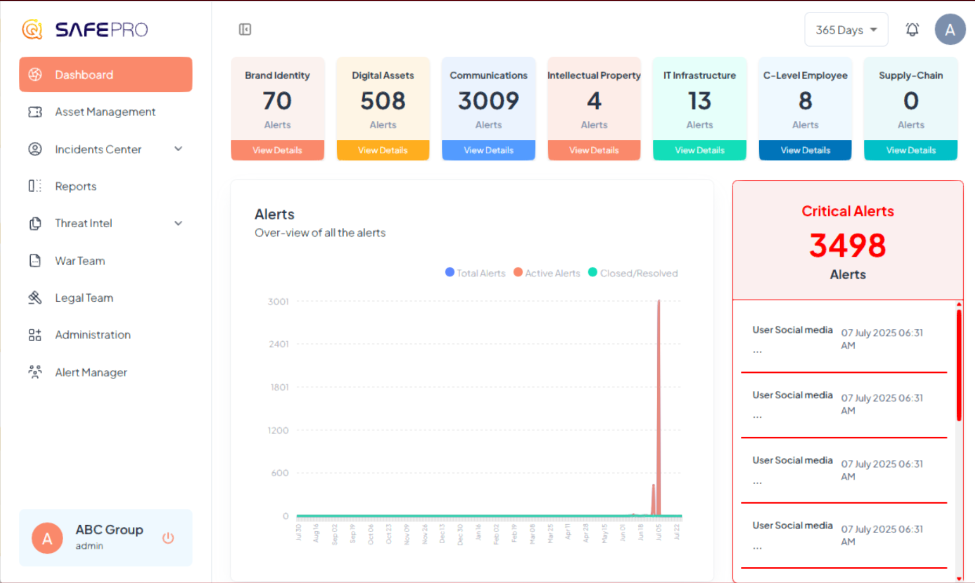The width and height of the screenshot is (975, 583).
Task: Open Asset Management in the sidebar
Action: pos(105,112)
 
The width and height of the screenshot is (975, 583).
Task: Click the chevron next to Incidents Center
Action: pos(178,149)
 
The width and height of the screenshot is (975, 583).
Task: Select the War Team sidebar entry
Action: pos(79,261)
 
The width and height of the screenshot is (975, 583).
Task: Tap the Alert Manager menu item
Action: pos(91,372)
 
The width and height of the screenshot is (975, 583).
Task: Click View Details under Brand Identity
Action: pos(277,150)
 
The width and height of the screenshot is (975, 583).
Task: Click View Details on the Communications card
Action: pos(488,150)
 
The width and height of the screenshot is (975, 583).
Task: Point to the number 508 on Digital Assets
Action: pos(383,101)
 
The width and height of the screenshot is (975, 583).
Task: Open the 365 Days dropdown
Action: pos(846,30)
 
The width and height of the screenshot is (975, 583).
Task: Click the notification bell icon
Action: pos(912,30)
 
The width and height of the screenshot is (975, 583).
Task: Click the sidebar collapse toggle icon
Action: pos(245,29)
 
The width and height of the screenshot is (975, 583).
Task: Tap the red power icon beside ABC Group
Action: pos(168,538)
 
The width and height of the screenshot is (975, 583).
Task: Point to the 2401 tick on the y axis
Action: pos(279,344)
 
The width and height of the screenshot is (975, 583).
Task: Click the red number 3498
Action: pos(847,246)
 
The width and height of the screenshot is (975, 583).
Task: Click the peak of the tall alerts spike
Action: pos(659,302)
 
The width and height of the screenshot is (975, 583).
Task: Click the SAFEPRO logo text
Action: pos(101,30)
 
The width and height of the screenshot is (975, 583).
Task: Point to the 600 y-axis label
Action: pos(279,473)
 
